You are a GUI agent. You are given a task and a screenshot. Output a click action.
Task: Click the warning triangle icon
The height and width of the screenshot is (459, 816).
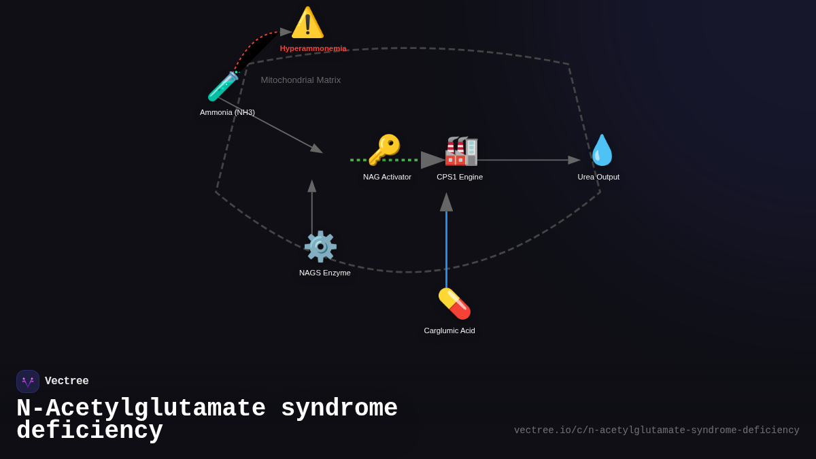click(x=307, y=22)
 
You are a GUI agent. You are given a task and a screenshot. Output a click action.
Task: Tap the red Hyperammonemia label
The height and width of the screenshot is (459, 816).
click(x=313, y=48)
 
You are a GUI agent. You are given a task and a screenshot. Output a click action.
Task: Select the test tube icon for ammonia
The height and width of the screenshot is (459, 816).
click(x=223, y=86)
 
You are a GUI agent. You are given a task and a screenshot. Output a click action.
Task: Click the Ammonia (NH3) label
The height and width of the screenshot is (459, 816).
click(x=227, y=112)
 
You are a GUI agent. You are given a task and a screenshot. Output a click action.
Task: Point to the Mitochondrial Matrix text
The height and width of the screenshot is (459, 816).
click(x=301, y=80)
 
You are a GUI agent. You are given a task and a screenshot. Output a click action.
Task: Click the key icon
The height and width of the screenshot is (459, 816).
click(x=384, y=150)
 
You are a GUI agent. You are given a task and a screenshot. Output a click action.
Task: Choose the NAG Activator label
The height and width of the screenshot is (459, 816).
click(x=387, y=177)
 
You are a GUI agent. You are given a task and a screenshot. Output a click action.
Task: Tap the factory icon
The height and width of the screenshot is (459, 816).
click(x=461, y=150)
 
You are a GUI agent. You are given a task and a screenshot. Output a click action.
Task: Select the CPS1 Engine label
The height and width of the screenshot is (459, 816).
click(x=460, y=177)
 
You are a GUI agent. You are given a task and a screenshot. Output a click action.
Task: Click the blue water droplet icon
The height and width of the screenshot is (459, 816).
click(x=602, y=150)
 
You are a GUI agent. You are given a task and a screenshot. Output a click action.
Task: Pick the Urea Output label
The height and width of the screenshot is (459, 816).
click(x=598, y=177)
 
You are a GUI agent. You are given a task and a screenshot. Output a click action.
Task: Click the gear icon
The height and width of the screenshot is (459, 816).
click(x=320, y=246)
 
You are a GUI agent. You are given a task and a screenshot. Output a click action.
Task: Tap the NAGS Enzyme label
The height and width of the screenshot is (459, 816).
click(x=325, y=273)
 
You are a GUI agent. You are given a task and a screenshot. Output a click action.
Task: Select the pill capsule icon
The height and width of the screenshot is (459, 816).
click(x=454, y=303)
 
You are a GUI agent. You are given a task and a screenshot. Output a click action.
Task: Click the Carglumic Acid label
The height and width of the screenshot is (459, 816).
click(x=449, y=330)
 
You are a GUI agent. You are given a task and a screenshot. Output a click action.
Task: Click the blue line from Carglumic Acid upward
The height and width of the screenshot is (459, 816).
click(x=446, y=252)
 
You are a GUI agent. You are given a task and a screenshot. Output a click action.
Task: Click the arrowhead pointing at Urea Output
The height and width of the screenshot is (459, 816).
click(x=574, y=160)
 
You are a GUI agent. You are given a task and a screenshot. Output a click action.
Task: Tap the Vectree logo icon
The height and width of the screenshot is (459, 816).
click(x=28, y=381)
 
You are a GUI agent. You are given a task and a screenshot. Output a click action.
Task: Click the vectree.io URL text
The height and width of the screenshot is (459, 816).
click(x=656, y=430)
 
